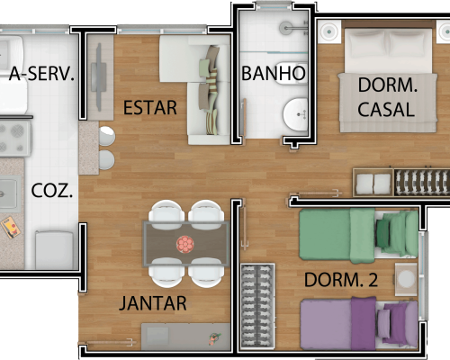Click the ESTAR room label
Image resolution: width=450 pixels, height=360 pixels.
[150, 108]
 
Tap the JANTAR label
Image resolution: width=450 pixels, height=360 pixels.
[153, 303]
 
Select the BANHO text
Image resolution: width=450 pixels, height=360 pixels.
[274, 74]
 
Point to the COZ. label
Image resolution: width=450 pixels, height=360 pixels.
[52, 191]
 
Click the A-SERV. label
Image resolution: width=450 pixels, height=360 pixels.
[41, 74]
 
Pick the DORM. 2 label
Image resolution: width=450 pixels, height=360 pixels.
[341, 280]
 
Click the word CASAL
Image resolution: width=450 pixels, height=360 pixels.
[386, 110]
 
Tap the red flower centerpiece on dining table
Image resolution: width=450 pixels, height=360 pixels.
[185, 244]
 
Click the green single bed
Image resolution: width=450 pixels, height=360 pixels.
[359, 235]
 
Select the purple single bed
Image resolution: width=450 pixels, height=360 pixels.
[359, 324]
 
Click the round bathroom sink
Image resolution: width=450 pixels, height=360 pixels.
[295, 114]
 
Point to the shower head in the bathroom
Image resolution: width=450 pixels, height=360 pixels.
[286, 28]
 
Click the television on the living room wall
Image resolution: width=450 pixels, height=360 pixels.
[99, 76]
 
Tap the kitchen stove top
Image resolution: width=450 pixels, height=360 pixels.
[15, 139]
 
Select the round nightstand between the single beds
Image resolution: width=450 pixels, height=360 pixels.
[406, 279]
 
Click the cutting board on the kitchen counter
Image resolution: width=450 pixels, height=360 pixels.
[11, 227]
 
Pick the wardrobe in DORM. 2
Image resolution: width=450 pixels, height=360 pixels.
[257, 306]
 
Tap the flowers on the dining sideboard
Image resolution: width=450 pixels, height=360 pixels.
[214, 338]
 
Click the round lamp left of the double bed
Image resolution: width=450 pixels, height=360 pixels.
[329, 31]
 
